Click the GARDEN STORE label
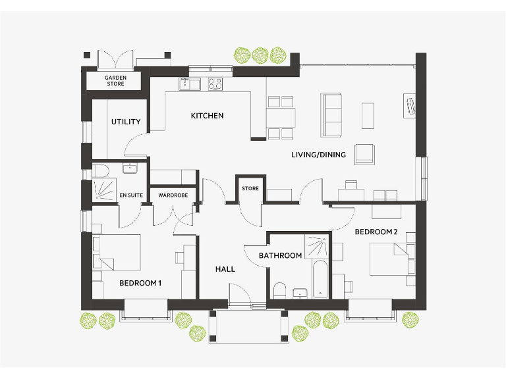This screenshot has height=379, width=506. coord(115,80)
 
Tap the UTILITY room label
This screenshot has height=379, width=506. coord(125,122)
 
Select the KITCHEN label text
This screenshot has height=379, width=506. coord(207,116)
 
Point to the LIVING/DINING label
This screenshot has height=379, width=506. coord(314,155)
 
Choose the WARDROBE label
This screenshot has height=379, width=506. coord(173,195)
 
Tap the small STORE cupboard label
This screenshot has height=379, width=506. coord(250,189)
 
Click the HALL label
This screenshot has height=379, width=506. coord(225,269)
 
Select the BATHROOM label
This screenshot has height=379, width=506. coord(280,255)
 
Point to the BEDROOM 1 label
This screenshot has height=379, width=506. coord(140,283)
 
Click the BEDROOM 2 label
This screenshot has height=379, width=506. coord(376,232)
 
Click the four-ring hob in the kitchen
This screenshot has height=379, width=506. coord(215,84)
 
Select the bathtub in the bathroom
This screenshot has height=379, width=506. coord(321,280)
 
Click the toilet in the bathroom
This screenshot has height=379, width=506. coord(279,290)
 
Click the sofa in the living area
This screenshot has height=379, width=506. coord(331,114)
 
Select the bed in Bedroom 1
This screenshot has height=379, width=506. coord(119,252)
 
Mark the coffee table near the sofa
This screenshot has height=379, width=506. coord(368,116)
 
